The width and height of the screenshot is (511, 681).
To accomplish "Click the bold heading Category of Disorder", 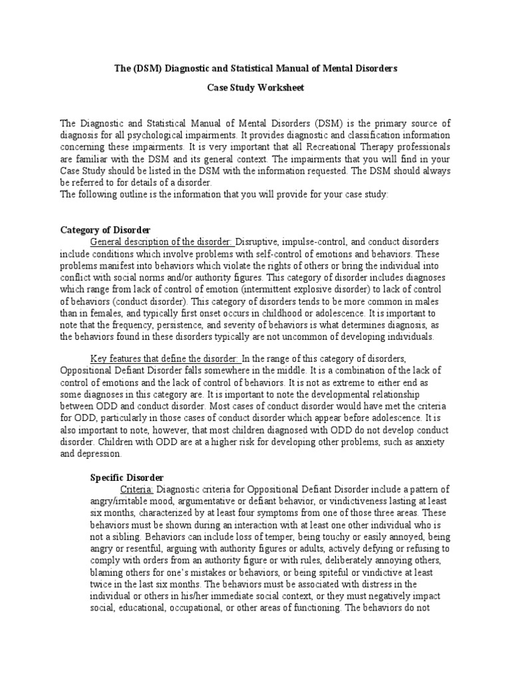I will tap(105, 230).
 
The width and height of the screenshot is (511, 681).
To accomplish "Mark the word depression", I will tap(98, 454).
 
